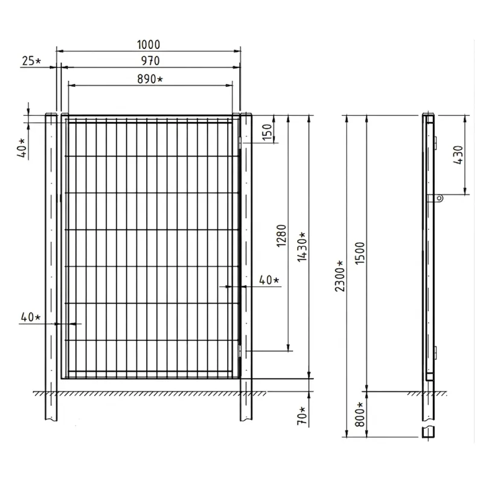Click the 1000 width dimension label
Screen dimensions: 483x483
click(x=149, y=45)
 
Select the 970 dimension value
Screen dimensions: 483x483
click(x=150, y=61)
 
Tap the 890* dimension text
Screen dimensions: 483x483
click(x=150, y=79)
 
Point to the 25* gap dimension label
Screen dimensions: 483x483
click(x=31, y=61)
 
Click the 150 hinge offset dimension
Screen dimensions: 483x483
click(x=267, y=132)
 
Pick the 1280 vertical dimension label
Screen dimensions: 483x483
click(x=281, y=235)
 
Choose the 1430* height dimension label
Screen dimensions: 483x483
click(x=302, y=247)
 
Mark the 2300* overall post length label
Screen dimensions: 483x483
click(x=340, y=276)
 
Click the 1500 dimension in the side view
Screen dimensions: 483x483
click(x=359, y=253)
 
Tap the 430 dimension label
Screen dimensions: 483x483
click(x=458, y=155)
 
